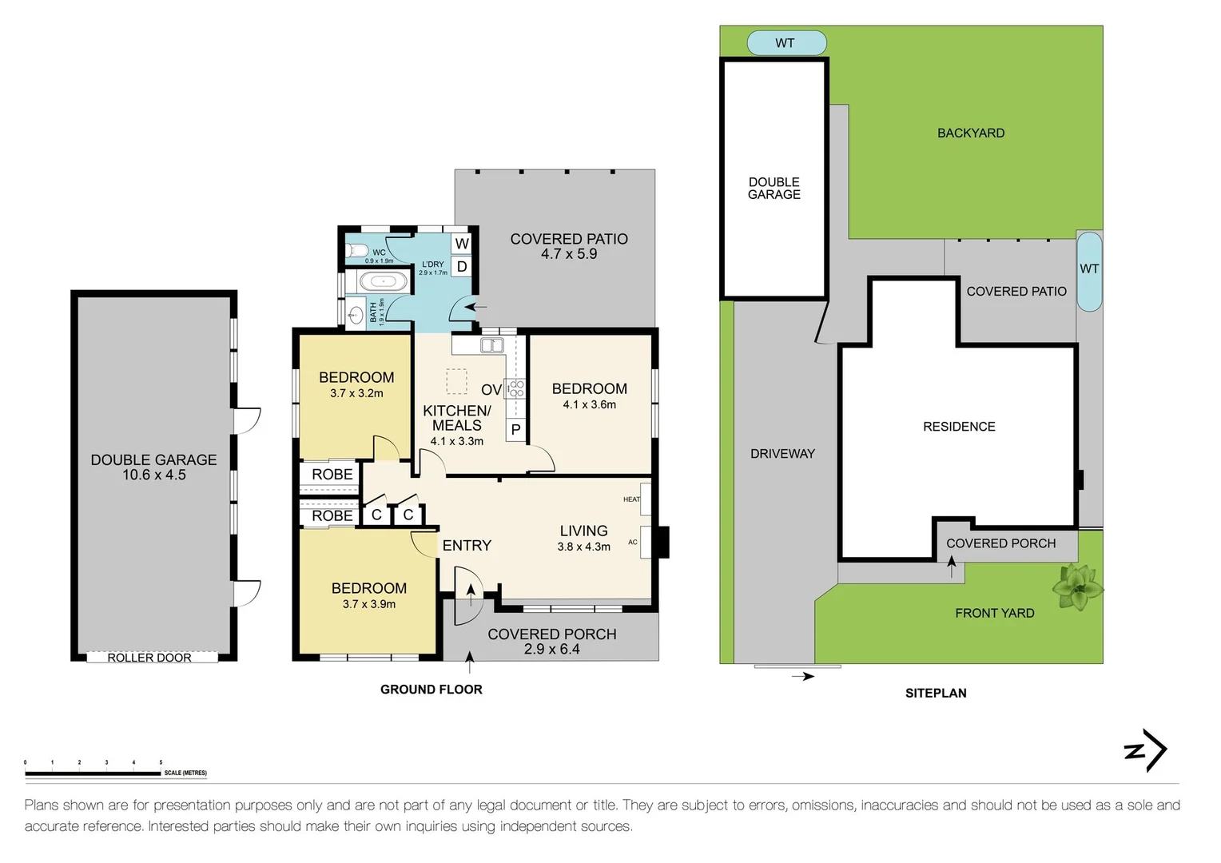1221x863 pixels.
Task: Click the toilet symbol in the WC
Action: [x=356, y=251]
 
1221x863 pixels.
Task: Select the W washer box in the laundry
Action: [x=462, y=244]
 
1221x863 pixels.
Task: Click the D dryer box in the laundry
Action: [x=462, y=267]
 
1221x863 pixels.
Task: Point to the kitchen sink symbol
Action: [x=491, y=345]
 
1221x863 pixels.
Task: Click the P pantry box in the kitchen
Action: [x=516, y=430]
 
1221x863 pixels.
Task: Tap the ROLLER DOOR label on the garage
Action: [x=149, y=658]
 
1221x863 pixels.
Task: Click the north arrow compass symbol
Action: [x=1146, y=750]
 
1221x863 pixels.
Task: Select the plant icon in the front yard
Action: [x=1077, y=587]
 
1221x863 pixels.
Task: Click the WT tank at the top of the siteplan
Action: [x=786, y=43]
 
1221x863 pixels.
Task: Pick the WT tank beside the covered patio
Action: [x=1089, y=270]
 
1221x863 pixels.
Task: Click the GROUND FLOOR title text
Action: [x=432, y=690]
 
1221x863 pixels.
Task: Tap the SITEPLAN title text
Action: [x=936, y=694]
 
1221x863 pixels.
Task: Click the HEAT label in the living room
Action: [x=631, y=499]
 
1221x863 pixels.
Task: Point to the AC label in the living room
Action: [x=633, y=542]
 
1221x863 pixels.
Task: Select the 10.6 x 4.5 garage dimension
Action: [x=154, y=475]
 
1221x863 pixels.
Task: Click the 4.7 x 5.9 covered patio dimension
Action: [x=569, y=254]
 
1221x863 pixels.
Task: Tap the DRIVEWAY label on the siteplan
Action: [x=782, y=454]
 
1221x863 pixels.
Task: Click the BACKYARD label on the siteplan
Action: [x=971, y=133]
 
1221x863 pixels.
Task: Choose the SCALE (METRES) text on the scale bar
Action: [x=185, y=773]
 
